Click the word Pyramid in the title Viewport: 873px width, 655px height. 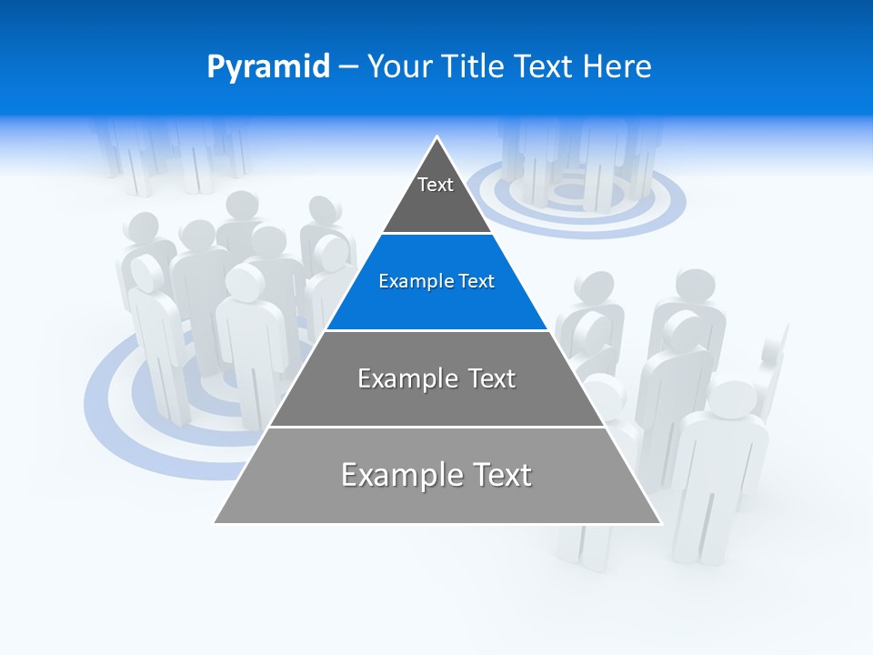(267, 67)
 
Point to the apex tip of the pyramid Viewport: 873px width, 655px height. (437, 137)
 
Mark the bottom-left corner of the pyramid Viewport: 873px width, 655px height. (215, 523)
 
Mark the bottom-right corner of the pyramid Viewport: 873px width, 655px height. (661, 523)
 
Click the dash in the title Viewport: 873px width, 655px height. (348, 67)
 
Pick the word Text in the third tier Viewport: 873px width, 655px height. (487, 378)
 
